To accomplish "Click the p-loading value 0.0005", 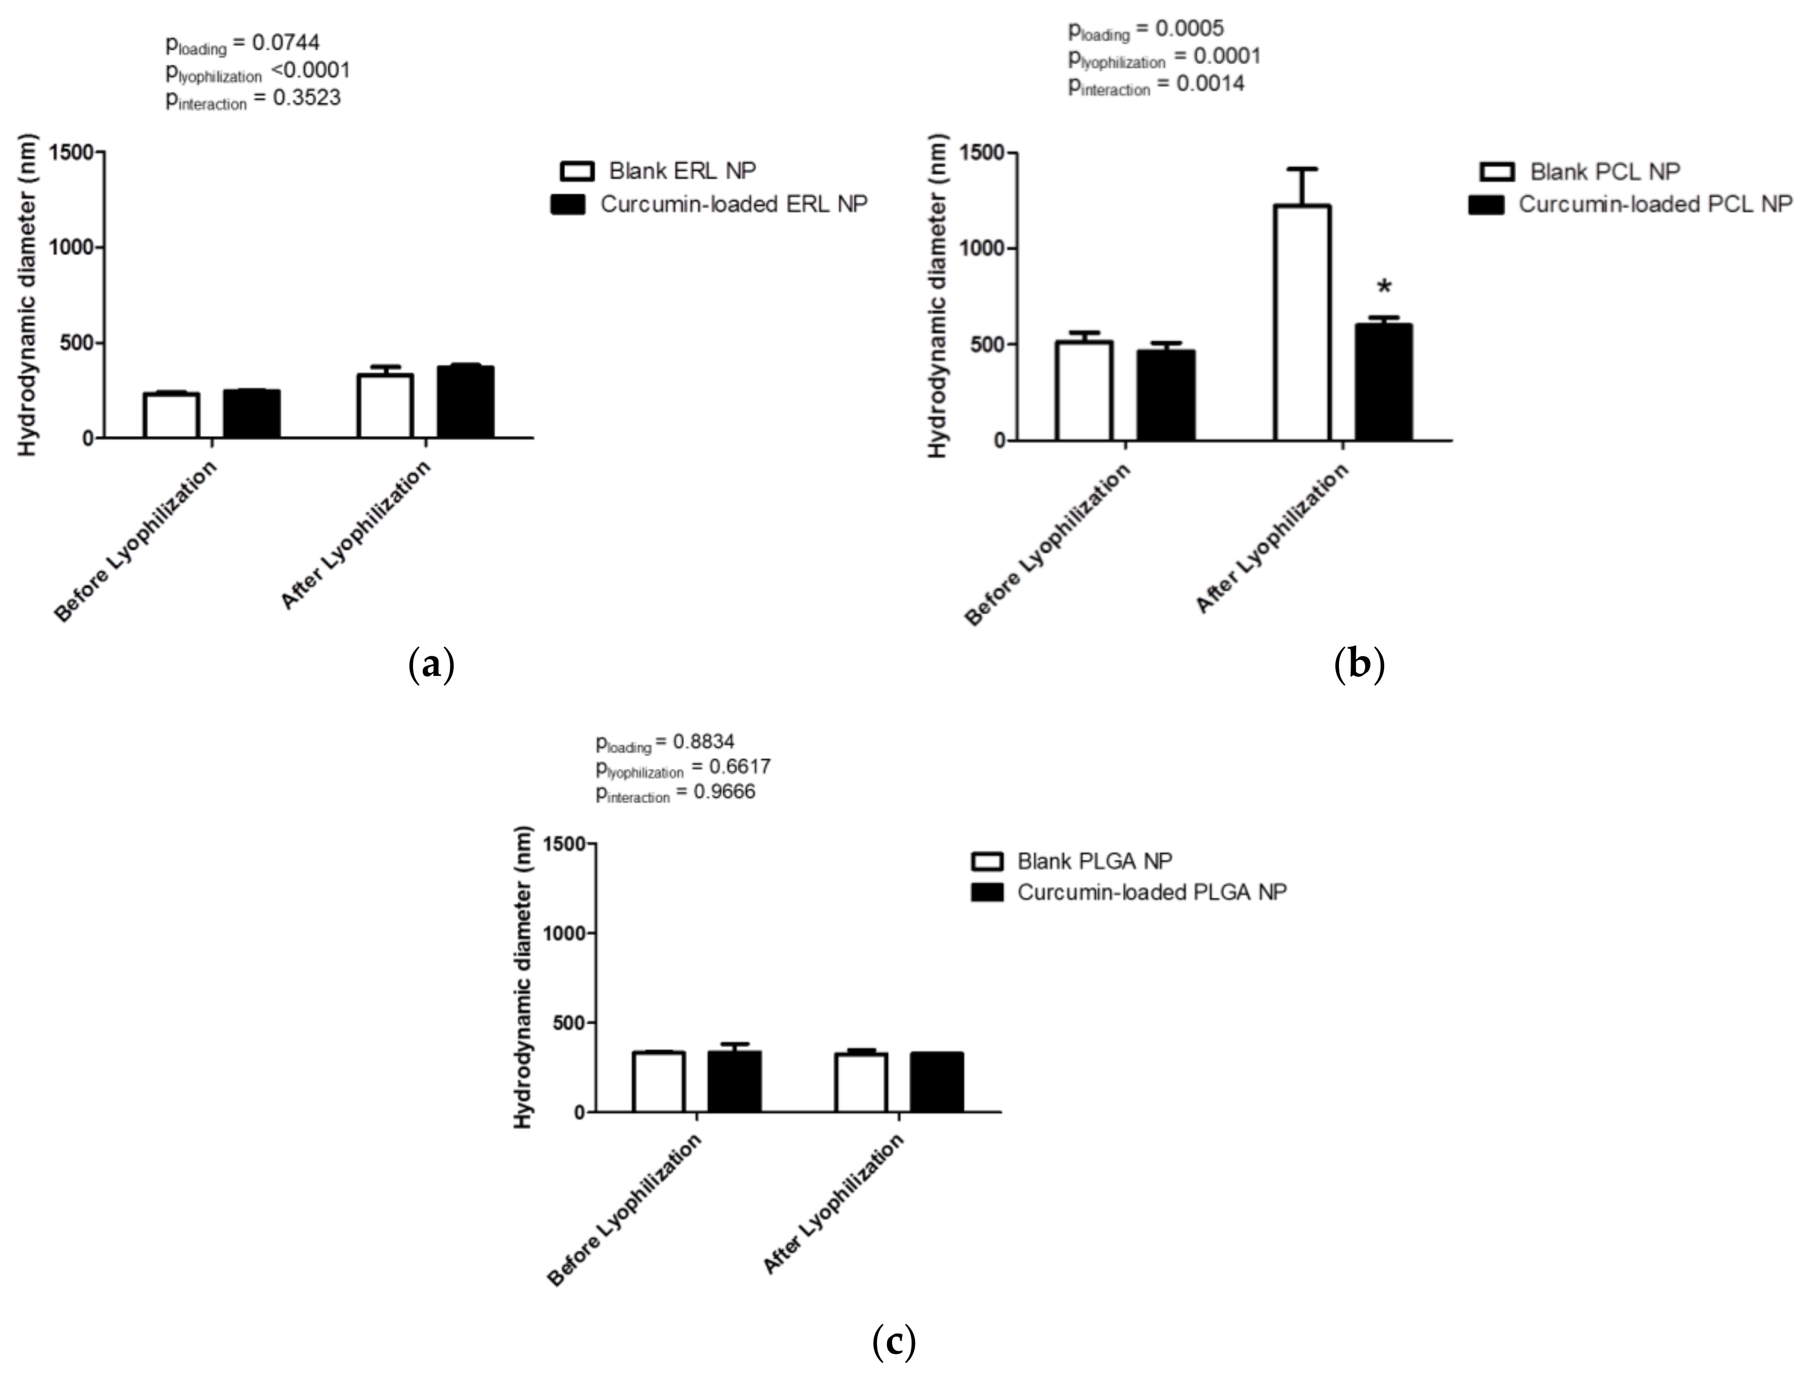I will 1189,29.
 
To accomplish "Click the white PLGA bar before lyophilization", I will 658,1081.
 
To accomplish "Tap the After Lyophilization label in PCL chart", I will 1273,539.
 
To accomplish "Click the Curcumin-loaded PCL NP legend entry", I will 1655,204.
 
